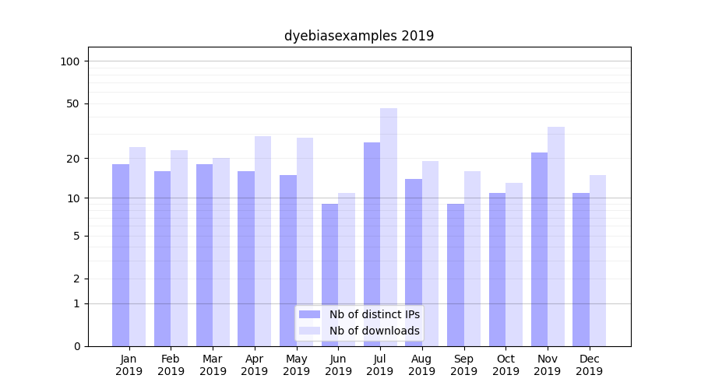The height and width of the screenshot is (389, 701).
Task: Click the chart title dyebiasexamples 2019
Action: (358, 36)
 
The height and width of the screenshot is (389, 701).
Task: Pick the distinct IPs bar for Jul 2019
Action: (372, 244)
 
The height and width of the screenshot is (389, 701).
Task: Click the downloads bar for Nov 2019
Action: (556, 237)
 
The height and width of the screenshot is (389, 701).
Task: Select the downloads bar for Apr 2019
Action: (263, 241)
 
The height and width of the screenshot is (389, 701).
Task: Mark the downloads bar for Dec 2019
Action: (598, 261)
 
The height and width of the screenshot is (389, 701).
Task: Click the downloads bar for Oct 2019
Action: (514, 265)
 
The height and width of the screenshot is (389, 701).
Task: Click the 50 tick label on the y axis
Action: (73, 103)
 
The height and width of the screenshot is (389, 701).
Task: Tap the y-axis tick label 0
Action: (76, 346)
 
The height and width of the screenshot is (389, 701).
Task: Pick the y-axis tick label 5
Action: (76, 236)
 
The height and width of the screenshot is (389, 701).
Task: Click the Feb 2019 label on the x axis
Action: (171, 365)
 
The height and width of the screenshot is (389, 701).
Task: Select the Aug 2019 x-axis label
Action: (422, 365)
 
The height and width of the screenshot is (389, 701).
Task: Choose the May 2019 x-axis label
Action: (297, 365)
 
